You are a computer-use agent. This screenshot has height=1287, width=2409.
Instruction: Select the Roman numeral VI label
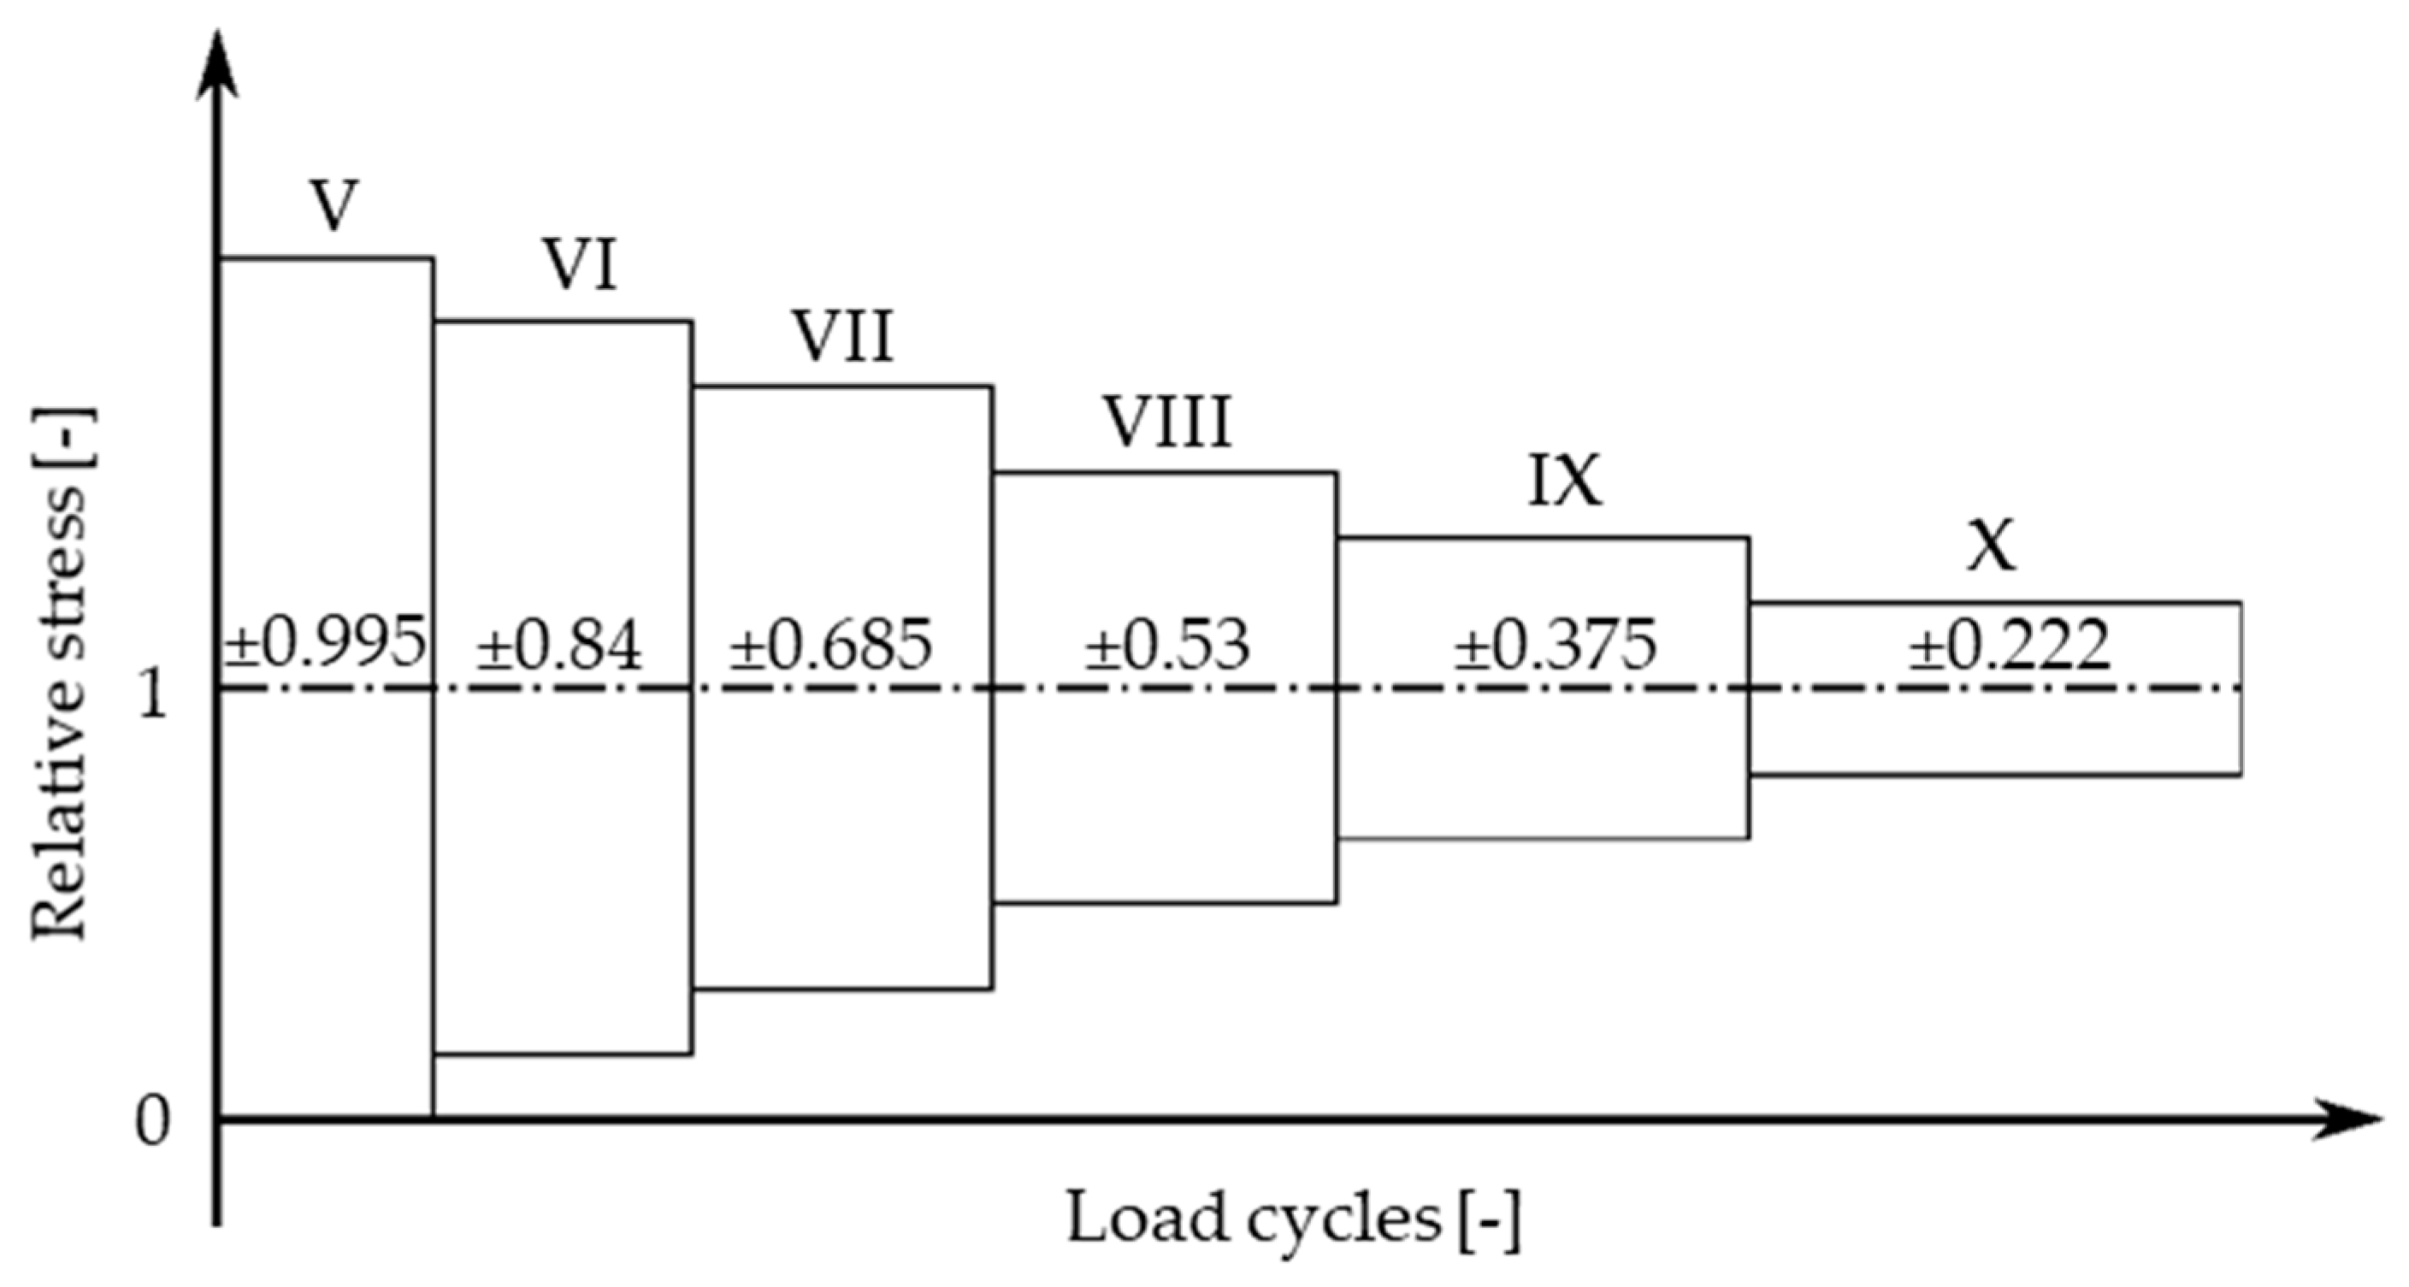click(581, 267)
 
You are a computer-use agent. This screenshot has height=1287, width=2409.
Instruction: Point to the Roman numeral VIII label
click(1168, 422)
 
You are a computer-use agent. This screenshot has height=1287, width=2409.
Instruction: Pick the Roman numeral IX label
click(1565, 482)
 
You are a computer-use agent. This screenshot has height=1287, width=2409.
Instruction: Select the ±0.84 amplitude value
click(559, 646)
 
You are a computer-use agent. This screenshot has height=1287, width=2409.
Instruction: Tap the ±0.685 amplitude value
click(831, 646)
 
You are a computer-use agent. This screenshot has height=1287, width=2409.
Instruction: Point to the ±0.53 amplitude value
click(1167, 646)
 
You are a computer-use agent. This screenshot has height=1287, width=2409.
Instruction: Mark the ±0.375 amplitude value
click(1556, 646)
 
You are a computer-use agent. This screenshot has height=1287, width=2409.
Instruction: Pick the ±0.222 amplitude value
click(2009, 646)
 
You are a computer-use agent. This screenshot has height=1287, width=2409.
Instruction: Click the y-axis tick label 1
click(152, 695)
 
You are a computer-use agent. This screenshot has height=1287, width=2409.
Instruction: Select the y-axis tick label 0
click(152, 1121)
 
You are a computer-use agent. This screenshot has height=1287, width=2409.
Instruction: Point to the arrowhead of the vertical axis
click(216, 66)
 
